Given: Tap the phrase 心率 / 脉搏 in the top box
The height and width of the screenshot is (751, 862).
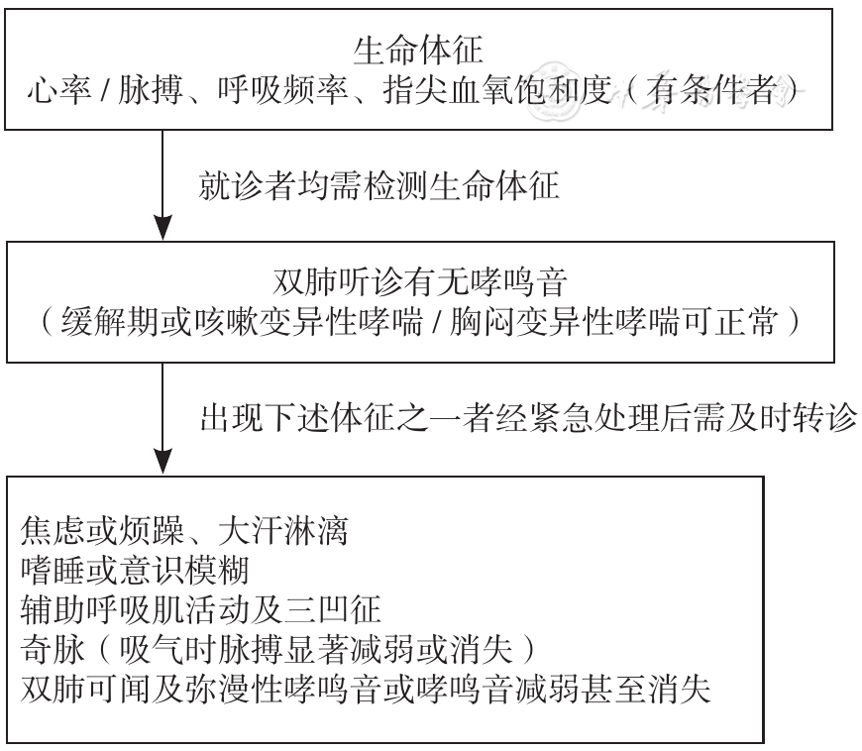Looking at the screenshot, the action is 105,89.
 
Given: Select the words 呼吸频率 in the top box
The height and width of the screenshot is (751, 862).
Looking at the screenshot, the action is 282,89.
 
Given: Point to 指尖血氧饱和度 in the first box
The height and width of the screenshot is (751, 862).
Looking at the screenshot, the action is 497,89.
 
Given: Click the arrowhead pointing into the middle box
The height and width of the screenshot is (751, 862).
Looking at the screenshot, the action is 162,227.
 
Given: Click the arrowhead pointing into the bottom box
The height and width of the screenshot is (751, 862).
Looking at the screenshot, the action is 162,461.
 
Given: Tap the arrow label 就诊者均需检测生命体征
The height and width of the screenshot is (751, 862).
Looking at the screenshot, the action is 378,185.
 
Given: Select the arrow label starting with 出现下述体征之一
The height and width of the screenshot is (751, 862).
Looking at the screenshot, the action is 528,418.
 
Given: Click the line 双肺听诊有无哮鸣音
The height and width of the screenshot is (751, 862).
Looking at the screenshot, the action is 420,282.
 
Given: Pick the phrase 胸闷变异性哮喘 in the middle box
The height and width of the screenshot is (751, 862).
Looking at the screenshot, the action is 565,322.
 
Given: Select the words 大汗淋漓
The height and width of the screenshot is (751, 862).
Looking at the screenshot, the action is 283,531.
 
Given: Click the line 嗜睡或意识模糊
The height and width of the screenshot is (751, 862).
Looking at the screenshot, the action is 135,571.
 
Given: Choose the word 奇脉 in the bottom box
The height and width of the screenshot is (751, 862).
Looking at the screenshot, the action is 53,650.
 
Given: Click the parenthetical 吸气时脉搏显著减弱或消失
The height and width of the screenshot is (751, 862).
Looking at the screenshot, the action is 317,650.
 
